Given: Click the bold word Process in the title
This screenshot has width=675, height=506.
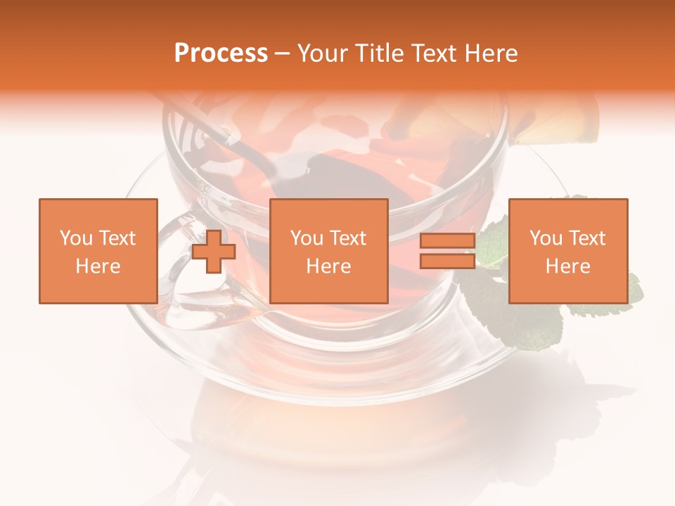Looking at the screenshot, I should pyautogui.click(x=221, y=53).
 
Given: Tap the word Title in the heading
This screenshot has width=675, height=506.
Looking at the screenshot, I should pyautogui.click(x=380, y=53).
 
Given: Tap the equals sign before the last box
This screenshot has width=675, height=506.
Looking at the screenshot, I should pyautogui.click(x=447, y=251).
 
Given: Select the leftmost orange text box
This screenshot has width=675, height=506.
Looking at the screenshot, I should pyautogui.click(x=98, y=251).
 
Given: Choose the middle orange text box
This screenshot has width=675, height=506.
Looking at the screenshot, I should pyautogui.click(x=328, y=251).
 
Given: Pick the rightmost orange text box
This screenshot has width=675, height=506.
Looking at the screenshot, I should pyautogui.click(x=567, y=251).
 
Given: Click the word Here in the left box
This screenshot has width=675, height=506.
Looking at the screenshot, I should pyautogui.click(x=98, y=266).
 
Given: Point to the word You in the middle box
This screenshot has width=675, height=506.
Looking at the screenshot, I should pyautogui.click(x=307, y=238).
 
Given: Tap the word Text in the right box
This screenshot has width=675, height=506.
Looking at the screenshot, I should pyautogui.click(x=588, y=238).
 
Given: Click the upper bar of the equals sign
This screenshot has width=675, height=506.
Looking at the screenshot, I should pyautogui.click(x=447, y=241).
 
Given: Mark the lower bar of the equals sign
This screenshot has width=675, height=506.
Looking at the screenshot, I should pyautogui.click(x=447, y=261).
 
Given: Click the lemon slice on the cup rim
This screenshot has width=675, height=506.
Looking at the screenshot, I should pyautogui.click(x=555, y=123).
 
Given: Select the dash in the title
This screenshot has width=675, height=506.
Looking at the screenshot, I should pyautogui.click(x=283, y=53).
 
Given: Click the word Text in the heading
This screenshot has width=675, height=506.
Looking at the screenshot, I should pyautogui.click(x=430, y=53).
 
